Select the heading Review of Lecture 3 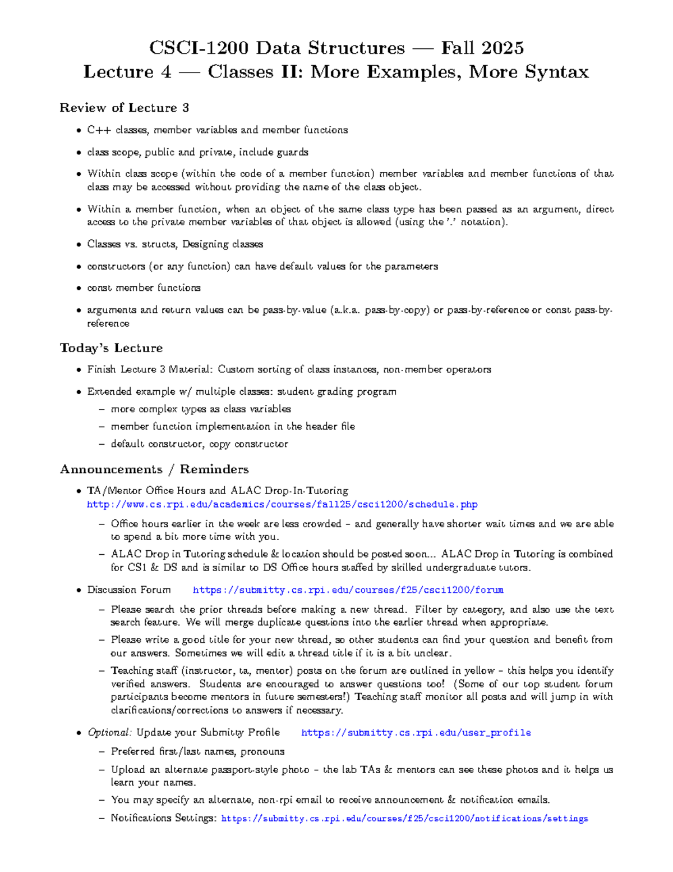click(x=124, y=108)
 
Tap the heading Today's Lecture click(x=111, y=348)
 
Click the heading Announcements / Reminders click(x=154, y=469)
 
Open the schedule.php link click(x=282, y=505)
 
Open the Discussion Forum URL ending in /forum click(x=348, y=590)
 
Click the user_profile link click(x=416, y=733)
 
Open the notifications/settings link click(x=404, y=819)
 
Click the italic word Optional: click(x=109, y=733)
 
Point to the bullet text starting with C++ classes click(x=217, y=130)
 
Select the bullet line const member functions click(x=144, y=288)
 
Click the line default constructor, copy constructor click(x=199, y=444)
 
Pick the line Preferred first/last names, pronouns click(x=197, y=752)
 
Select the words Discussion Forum click(x=128, y=590)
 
